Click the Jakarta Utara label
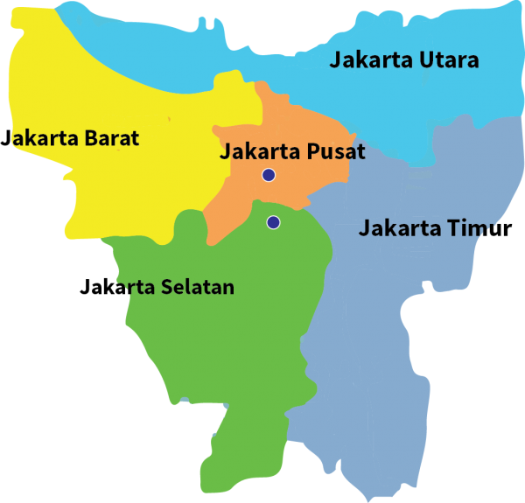(403, 60)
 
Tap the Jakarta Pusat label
(291, 151)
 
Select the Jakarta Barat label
(72, 138)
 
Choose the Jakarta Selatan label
(169, 287)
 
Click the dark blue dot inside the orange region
(269, 175)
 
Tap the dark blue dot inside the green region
(274, 222)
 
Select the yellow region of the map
(131, 184)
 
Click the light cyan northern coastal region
(262, 44)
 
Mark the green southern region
(227, 350)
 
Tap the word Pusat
(336, 151)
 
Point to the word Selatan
(198, 287)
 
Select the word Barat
(111, 138)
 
